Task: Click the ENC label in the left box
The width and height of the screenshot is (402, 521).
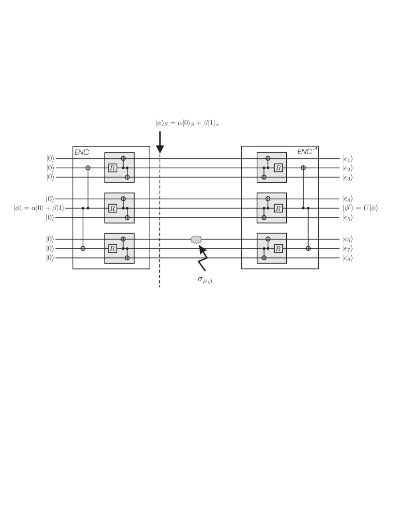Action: [82, 152]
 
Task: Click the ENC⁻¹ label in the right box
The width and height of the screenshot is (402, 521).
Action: [307, 152]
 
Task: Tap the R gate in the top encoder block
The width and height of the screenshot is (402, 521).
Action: [112, 168]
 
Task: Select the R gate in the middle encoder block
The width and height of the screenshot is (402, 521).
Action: [112, 208]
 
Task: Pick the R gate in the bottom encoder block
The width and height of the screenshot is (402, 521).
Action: [112, 248]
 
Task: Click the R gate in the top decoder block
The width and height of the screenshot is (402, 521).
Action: [278, 168]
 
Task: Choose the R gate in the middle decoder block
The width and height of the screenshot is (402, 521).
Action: [278, 208]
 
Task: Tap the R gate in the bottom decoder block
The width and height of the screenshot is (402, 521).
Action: [278, 248]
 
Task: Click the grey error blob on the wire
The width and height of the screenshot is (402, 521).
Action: [196, 239]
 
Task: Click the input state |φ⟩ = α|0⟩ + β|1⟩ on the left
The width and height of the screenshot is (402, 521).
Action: [39, 208]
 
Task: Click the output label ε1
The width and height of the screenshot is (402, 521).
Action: [347, 158]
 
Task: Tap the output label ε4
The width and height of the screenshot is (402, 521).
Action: [347, 199]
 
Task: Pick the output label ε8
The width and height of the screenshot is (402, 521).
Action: [347, 258]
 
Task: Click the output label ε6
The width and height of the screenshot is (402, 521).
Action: [347, 239]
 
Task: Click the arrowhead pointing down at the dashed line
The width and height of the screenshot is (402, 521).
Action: [160, 149]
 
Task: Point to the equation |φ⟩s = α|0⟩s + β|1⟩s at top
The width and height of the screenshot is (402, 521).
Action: [187, 124]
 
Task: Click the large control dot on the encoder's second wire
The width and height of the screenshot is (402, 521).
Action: [88, 168]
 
